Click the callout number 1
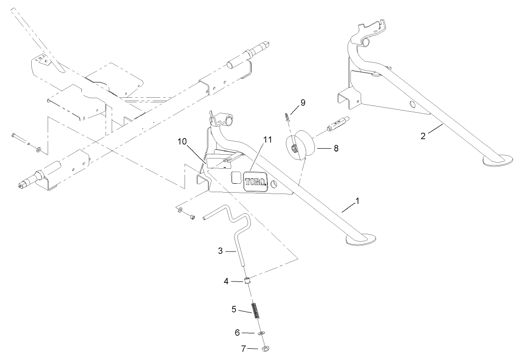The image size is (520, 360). coord(357,201)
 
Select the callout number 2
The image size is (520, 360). coord(423,136)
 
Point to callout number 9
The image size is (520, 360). coord(303,102)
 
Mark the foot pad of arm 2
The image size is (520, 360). coord(496,161)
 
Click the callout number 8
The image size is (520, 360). coord(335,148)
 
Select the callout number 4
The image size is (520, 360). coord(226,281)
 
